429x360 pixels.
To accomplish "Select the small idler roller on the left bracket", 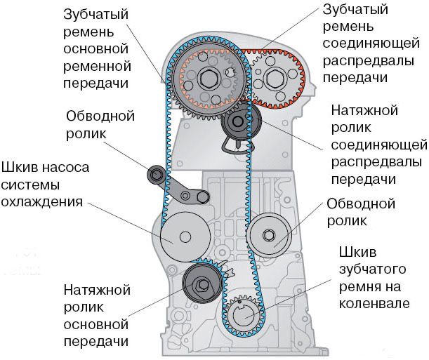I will click(155, 175).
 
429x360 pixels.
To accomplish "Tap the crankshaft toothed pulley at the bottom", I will click(243, 316).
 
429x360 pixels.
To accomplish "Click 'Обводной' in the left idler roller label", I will click(100, 115).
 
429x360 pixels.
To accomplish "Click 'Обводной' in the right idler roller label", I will click(361, 204).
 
